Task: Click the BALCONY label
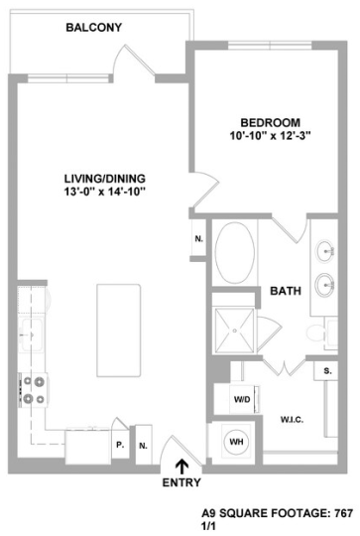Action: coord(94,28)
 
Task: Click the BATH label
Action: coord(287,292)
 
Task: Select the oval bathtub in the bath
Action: coord(235,256)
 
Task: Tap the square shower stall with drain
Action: coord(235,325)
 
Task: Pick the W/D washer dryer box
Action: coord(242,400)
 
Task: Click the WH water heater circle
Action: coord(237,441)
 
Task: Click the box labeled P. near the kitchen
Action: coord(119,446)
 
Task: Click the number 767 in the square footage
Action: coord(343,515)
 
